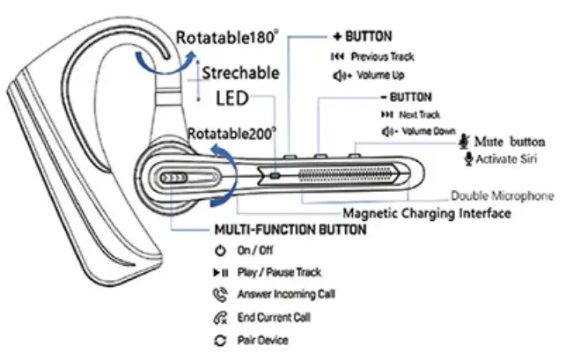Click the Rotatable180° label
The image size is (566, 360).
[x=226, y=39]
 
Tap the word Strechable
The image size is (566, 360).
[x=240, y=72]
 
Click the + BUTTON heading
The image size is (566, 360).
[x=366, y=40]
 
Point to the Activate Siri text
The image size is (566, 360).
[x=510, y=159]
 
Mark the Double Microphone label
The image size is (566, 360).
[x=503, y=195]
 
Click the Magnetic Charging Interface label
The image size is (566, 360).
[x=426, y=213]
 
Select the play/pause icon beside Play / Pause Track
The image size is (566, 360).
[x=218, y=274]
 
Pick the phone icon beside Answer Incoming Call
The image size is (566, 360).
[x=218, y=295]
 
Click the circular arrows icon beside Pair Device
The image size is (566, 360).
[x=218, y=340]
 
